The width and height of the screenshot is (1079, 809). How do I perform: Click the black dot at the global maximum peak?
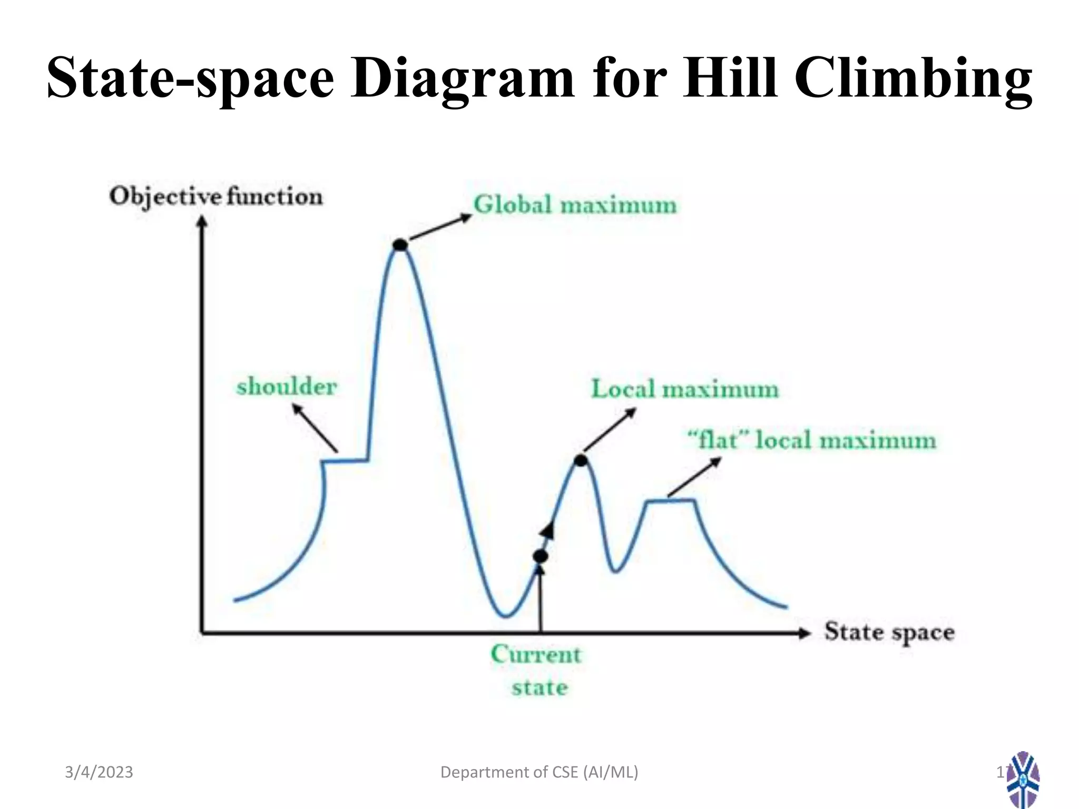[400, 244]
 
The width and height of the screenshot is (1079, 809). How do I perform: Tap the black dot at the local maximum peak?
[581, 461]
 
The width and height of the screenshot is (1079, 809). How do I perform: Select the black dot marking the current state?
[541, 556]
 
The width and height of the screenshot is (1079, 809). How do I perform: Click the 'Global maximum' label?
[575, 205]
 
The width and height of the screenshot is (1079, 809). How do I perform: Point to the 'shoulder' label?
[287, 387]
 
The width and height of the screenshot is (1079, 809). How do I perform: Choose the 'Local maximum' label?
[684, 390]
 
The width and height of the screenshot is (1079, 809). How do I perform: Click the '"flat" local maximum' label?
[812, 440]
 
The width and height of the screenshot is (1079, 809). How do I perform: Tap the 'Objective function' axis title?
[216, 197]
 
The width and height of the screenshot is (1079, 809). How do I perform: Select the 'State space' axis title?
[889, 632]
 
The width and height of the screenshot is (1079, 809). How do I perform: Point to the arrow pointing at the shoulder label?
[315, 428]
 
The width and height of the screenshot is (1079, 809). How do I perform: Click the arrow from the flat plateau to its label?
[694, 477]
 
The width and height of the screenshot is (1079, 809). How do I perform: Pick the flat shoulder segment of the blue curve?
[346, 461]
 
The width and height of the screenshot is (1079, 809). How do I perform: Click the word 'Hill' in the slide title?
[730, 77]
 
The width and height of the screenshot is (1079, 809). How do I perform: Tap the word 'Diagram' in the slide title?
[462, 77]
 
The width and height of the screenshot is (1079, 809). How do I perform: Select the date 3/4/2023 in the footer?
[99, 772]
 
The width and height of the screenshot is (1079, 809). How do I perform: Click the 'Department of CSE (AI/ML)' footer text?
[539, 772]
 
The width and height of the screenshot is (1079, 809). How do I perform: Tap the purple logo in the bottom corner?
[1023, 780]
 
